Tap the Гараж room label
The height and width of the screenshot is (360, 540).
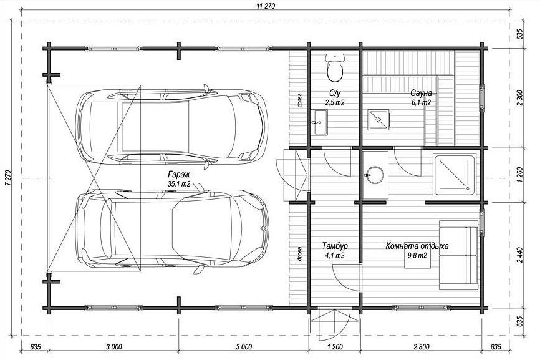click(x=179, y=173)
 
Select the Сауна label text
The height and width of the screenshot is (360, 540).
click(x=421, y=93)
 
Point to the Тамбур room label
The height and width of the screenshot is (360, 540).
click(x=335, y=246)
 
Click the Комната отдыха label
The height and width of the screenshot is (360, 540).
click(x=417, y=246)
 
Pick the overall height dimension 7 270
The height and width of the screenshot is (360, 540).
click(x=7, y=178)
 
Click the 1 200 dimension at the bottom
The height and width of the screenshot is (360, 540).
click(x=334, y=346)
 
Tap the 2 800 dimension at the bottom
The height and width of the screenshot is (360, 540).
click(x=420, y=346)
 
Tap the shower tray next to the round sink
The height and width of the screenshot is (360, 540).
click(x=454, y=175)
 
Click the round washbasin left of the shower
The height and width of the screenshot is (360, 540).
click(x=374, y=175)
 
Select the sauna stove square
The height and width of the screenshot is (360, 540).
click(x=378, y=120)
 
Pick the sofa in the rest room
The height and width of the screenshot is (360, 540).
click(x=458, y=255)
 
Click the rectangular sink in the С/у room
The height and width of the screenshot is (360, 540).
click(x=320, y=123)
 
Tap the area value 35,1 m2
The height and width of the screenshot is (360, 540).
click(x=179, y=184)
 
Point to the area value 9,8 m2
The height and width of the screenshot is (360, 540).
click(x=417, y=256)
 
